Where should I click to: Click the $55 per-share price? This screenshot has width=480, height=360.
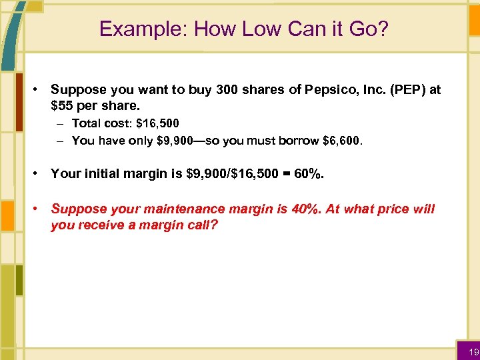[63, 105]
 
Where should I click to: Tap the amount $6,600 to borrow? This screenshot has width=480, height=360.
[344, 140]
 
